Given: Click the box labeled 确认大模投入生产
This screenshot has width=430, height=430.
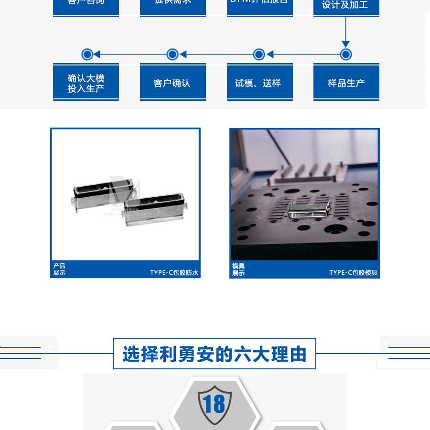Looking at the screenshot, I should [86, 83].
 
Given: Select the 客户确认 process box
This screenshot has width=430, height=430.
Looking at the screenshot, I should [172, 83].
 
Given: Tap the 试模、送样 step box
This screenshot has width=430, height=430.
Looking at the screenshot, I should [259, 83].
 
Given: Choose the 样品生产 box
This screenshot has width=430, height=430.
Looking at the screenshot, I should [346, 83].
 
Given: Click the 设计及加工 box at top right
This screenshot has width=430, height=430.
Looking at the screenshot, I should [346, 6].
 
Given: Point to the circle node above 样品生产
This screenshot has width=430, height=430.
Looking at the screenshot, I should [346, 54].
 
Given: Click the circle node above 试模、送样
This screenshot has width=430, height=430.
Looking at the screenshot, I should [259, 54].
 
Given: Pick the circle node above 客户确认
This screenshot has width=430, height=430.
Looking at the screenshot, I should [172, 54].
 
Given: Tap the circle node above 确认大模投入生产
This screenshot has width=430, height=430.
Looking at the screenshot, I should [87, 54].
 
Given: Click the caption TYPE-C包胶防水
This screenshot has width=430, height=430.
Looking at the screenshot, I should [174, 273].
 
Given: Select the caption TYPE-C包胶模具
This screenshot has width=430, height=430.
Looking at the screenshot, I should [353, 273].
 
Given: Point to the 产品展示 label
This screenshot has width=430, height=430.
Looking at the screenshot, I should [59, 269].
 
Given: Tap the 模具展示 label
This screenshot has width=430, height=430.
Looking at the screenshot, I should [238, 269].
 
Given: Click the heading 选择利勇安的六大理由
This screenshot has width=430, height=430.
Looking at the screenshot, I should [215, 354].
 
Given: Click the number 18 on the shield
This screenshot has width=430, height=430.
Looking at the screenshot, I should [215, 404].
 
